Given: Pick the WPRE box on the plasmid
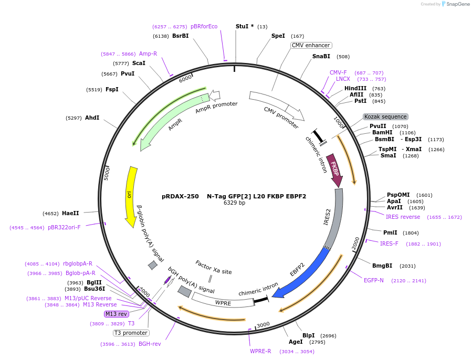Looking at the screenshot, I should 223,302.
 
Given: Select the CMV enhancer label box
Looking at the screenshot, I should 311,45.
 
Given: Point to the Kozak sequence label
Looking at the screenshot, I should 385,117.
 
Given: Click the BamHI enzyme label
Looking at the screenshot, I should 382,133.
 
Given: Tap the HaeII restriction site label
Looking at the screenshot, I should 70,213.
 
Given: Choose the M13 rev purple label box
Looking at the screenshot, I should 116,314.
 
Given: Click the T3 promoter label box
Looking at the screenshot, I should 131,333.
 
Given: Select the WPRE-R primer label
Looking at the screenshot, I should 260,351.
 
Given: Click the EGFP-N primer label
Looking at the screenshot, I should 374,280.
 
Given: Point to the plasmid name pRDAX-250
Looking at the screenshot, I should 180,196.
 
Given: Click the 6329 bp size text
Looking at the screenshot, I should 234,203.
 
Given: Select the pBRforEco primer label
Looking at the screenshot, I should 204,26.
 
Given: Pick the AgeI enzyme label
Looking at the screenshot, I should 296,342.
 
